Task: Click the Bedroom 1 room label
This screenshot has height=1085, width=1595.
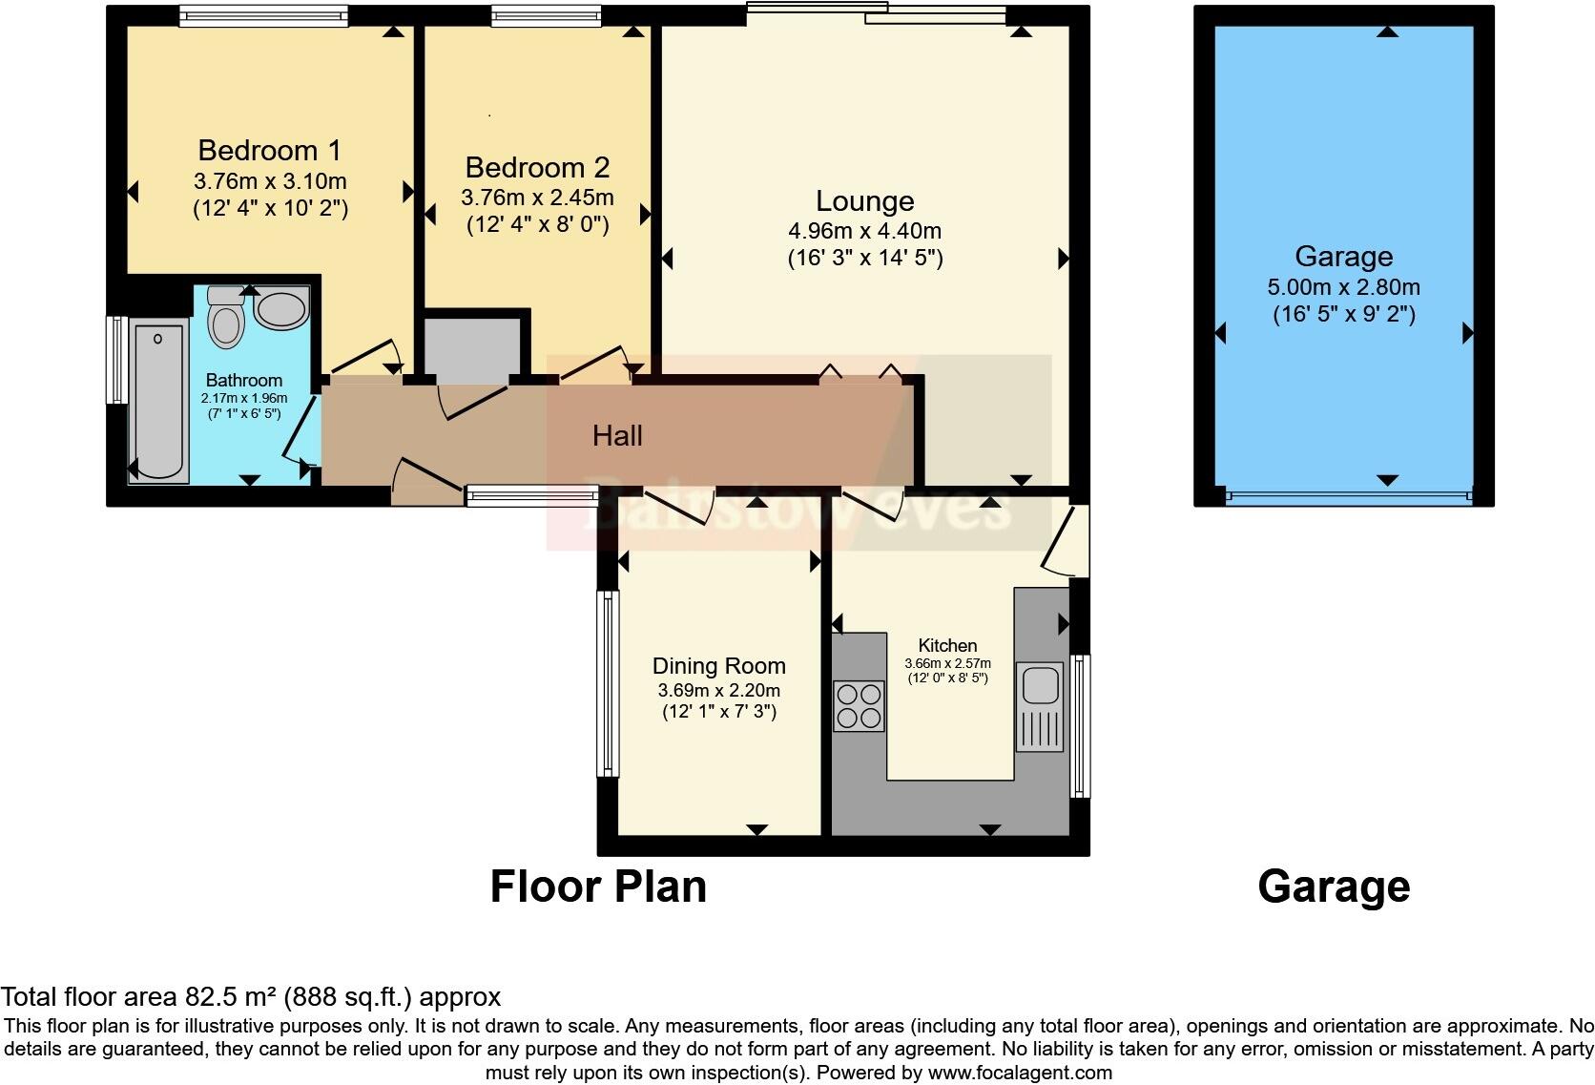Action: tap(269, 151)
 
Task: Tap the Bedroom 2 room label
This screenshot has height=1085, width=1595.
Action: tap(538, 167)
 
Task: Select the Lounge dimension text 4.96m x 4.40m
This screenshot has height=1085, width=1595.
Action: tap(864, 231)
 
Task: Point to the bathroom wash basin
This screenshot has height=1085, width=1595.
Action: tap(281, 308)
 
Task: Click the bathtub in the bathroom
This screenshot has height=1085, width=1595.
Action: tap(158, 401)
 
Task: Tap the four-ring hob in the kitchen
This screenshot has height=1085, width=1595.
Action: tap(859, 706)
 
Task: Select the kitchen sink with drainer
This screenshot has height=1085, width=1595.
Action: tap(1040, 707)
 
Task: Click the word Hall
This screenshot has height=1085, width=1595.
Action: tap(617, 435)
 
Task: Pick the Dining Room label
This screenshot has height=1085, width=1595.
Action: tap(719, 666)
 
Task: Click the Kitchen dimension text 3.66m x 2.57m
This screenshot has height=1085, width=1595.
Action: tap(947, 663)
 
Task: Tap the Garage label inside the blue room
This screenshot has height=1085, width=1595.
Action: tap(1344, 256)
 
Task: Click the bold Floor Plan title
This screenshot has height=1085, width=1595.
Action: tap(598, 887)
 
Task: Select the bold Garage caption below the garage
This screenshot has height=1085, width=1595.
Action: tap(1334, 887)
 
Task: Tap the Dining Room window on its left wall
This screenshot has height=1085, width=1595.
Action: tap(608, 684)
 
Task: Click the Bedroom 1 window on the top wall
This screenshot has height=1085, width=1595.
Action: tap(263, 15)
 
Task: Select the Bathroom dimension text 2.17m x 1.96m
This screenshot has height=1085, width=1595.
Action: tap(244, 398)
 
